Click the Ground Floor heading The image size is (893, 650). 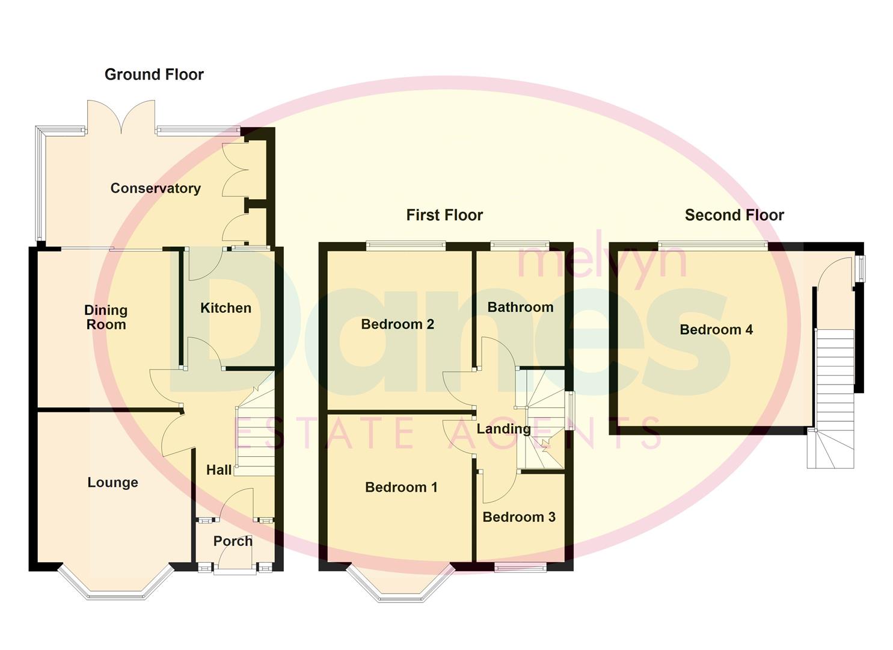pos(154,75)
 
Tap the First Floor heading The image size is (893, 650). pos(444,215)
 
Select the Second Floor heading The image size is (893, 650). pos(734,215)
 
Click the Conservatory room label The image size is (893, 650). pos(155,188)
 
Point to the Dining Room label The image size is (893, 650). pos(106,317)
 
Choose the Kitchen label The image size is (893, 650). pos(226,308)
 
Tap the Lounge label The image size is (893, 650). pos(112,483)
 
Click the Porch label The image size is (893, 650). pos(233,541)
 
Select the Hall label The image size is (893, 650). pos(219,470)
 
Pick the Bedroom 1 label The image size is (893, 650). pos(401,487)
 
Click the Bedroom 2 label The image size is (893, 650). pos(397,324)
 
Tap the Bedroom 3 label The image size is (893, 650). pos(519,517)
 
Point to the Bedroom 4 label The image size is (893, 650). pos(716,330)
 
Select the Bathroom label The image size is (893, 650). pos(520,308)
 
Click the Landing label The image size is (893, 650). pos(503,429)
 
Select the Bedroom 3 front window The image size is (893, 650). pos(520,567)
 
